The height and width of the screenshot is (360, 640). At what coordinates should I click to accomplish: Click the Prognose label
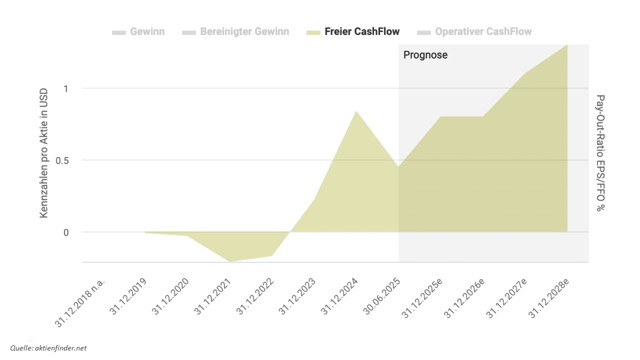pyautogui.click(x=425, y=55)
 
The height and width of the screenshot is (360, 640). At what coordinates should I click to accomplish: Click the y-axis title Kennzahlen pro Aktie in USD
pyautogui.click(x=44, y=153)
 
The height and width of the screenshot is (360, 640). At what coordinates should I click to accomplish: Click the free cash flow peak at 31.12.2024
pyautogui.click(x=356, y=111)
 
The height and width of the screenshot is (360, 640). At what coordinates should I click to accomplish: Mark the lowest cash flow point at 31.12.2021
pyautogui.click(x=229, y=261)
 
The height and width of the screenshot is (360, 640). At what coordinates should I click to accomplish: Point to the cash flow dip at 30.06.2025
pyautogui.click(x=398, y=167)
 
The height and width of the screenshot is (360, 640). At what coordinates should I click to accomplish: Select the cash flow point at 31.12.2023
pyautogui.click(x=314, y=199)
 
